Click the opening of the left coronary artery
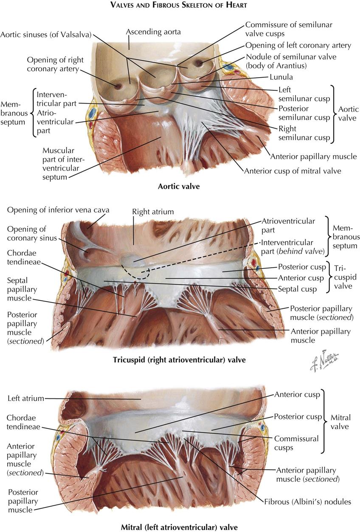[198, 63]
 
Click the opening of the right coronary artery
[118, 86]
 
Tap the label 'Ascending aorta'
[153, 31]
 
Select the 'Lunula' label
[281, 77]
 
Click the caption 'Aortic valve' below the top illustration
[179, 186]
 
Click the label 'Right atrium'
[153, 212]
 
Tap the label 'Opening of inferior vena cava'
[58, 210]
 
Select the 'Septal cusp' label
[297, 289]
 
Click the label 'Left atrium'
[26, 398]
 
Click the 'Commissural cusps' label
[296, 443]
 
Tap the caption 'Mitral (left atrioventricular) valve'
[180, 527]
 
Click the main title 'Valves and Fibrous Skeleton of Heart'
[179, 5]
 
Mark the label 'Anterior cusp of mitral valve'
[293, 171]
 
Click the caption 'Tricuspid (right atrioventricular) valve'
[179, 360]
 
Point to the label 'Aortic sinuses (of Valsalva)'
[46, 35]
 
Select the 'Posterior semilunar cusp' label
[304, 113]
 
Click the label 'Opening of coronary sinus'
[32, 233]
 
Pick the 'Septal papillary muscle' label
[22, 289]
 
